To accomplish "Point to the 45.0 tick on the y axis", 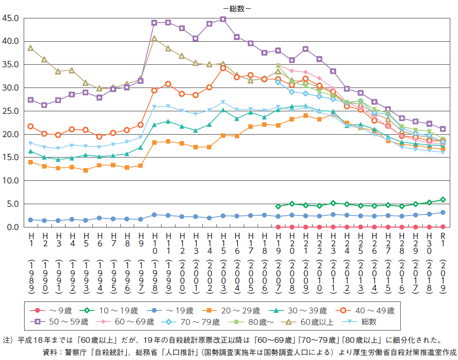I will coord(11,18).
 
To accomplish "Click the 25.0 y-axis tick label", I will coord(11,111).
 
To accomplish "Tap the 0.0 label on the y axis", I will coord(12,227).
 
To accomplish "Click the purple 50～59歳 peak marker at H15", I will coord(223,19).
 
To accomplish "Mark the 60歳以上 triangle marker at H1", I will coord(31,48).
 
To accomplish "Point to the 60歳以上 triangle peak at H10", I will coord(154,38).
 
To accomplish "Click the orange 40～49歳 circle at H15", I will coord(223,68).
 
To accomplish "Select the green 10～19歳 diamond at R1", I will coord(442,200).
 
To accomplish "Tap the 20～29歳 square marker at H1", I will coord(31,162).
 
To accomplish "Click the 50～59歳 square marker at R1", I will coord(442,129).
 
